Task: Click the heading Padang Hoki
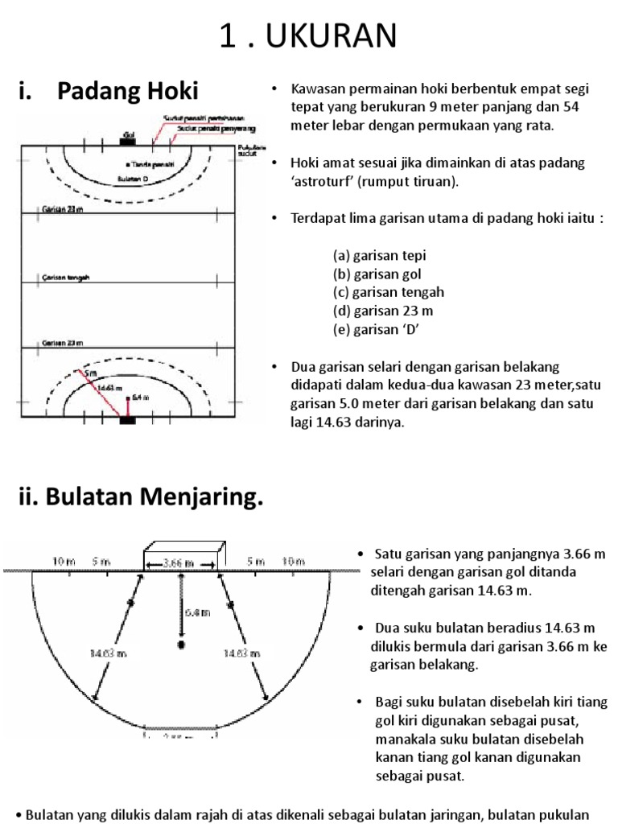128,91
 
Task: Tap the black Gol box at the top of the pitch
128,140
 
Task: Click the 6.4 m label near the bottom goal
139,397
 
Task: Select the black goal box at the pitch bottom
128,419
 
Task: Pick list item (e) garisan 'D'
377,329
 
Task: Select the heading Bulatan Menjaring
141,498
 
